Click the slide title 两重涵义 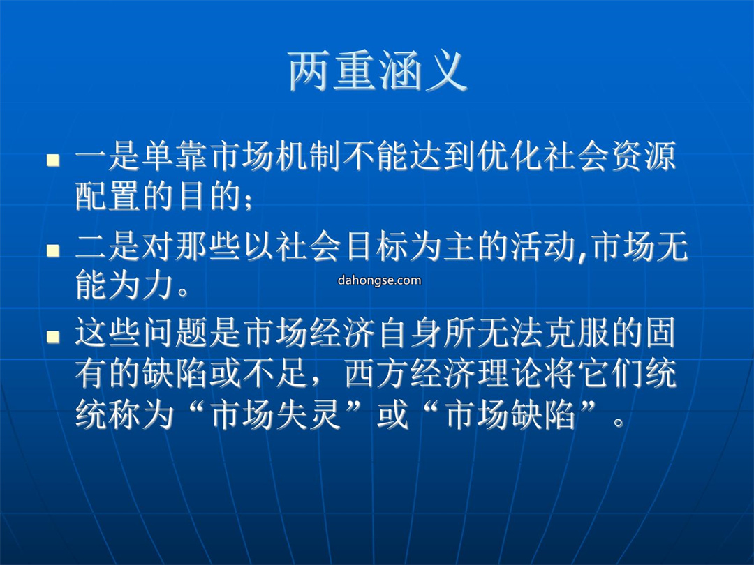tap(378, 72)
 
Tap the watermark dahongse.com tap(379, 280)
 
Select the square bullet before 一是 tap(53, 160)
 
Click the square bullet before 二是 tap(53, 250)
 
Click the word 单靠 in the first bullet tap(175, 156)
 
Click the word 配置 tap(108, 196)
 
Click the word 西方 tap(376, 373)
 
